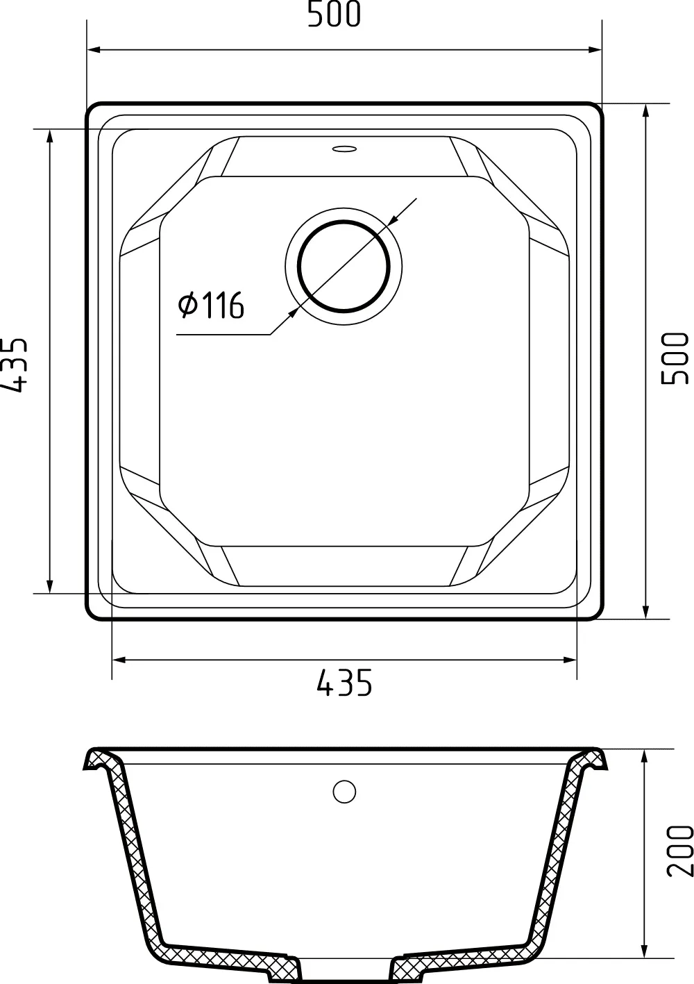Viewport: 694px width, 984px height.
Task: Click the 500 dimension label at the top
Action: click(335, 15)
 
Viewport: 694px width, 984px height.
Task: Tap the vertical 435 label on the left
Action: click(14, 365)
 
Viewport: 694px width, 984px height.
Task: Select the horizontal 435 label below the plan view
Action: click(344, 684)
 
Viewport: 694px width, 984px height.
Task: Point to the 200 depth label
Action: click(679, 851)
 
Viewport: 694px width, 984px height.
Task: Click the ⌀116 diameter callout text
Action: click(211, 305)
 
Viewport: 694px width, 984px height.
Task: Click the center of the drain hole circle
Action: click(344, 266)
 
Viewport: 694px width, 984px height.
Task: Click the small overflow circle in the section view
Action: click(344, 791)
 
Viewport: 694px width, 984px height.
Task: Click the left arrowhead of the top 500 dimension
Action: click(94, 50)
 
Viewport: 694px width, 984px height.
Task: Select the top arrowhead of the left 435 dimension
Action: click(49, 136)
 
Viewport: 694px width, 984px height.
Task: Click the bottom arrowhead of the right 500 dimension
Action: click(646, 612)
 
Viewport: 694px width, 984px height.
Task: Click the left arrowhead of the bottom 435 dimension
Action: click(119, 659)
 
